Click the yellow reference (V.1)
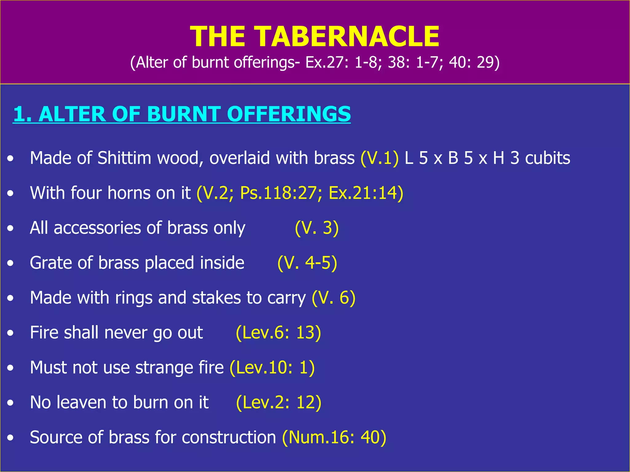[x=380, y=158]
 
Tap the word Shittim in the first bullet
[x=124, y=158]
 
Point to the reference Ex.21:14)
[x=366, y=193]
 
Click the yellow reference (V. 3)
[x=317, y=228]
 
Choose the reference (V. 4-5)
[x=307, y=263]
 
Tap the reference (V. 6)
[x=333, y=298]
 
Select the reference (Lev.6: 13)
[x=278, y=333]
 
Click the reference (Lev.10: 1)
[x=272, y=368]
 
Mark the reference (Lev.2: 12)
[x=279, y=403]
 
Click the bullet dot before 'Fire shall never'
[x=11, y=333]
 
